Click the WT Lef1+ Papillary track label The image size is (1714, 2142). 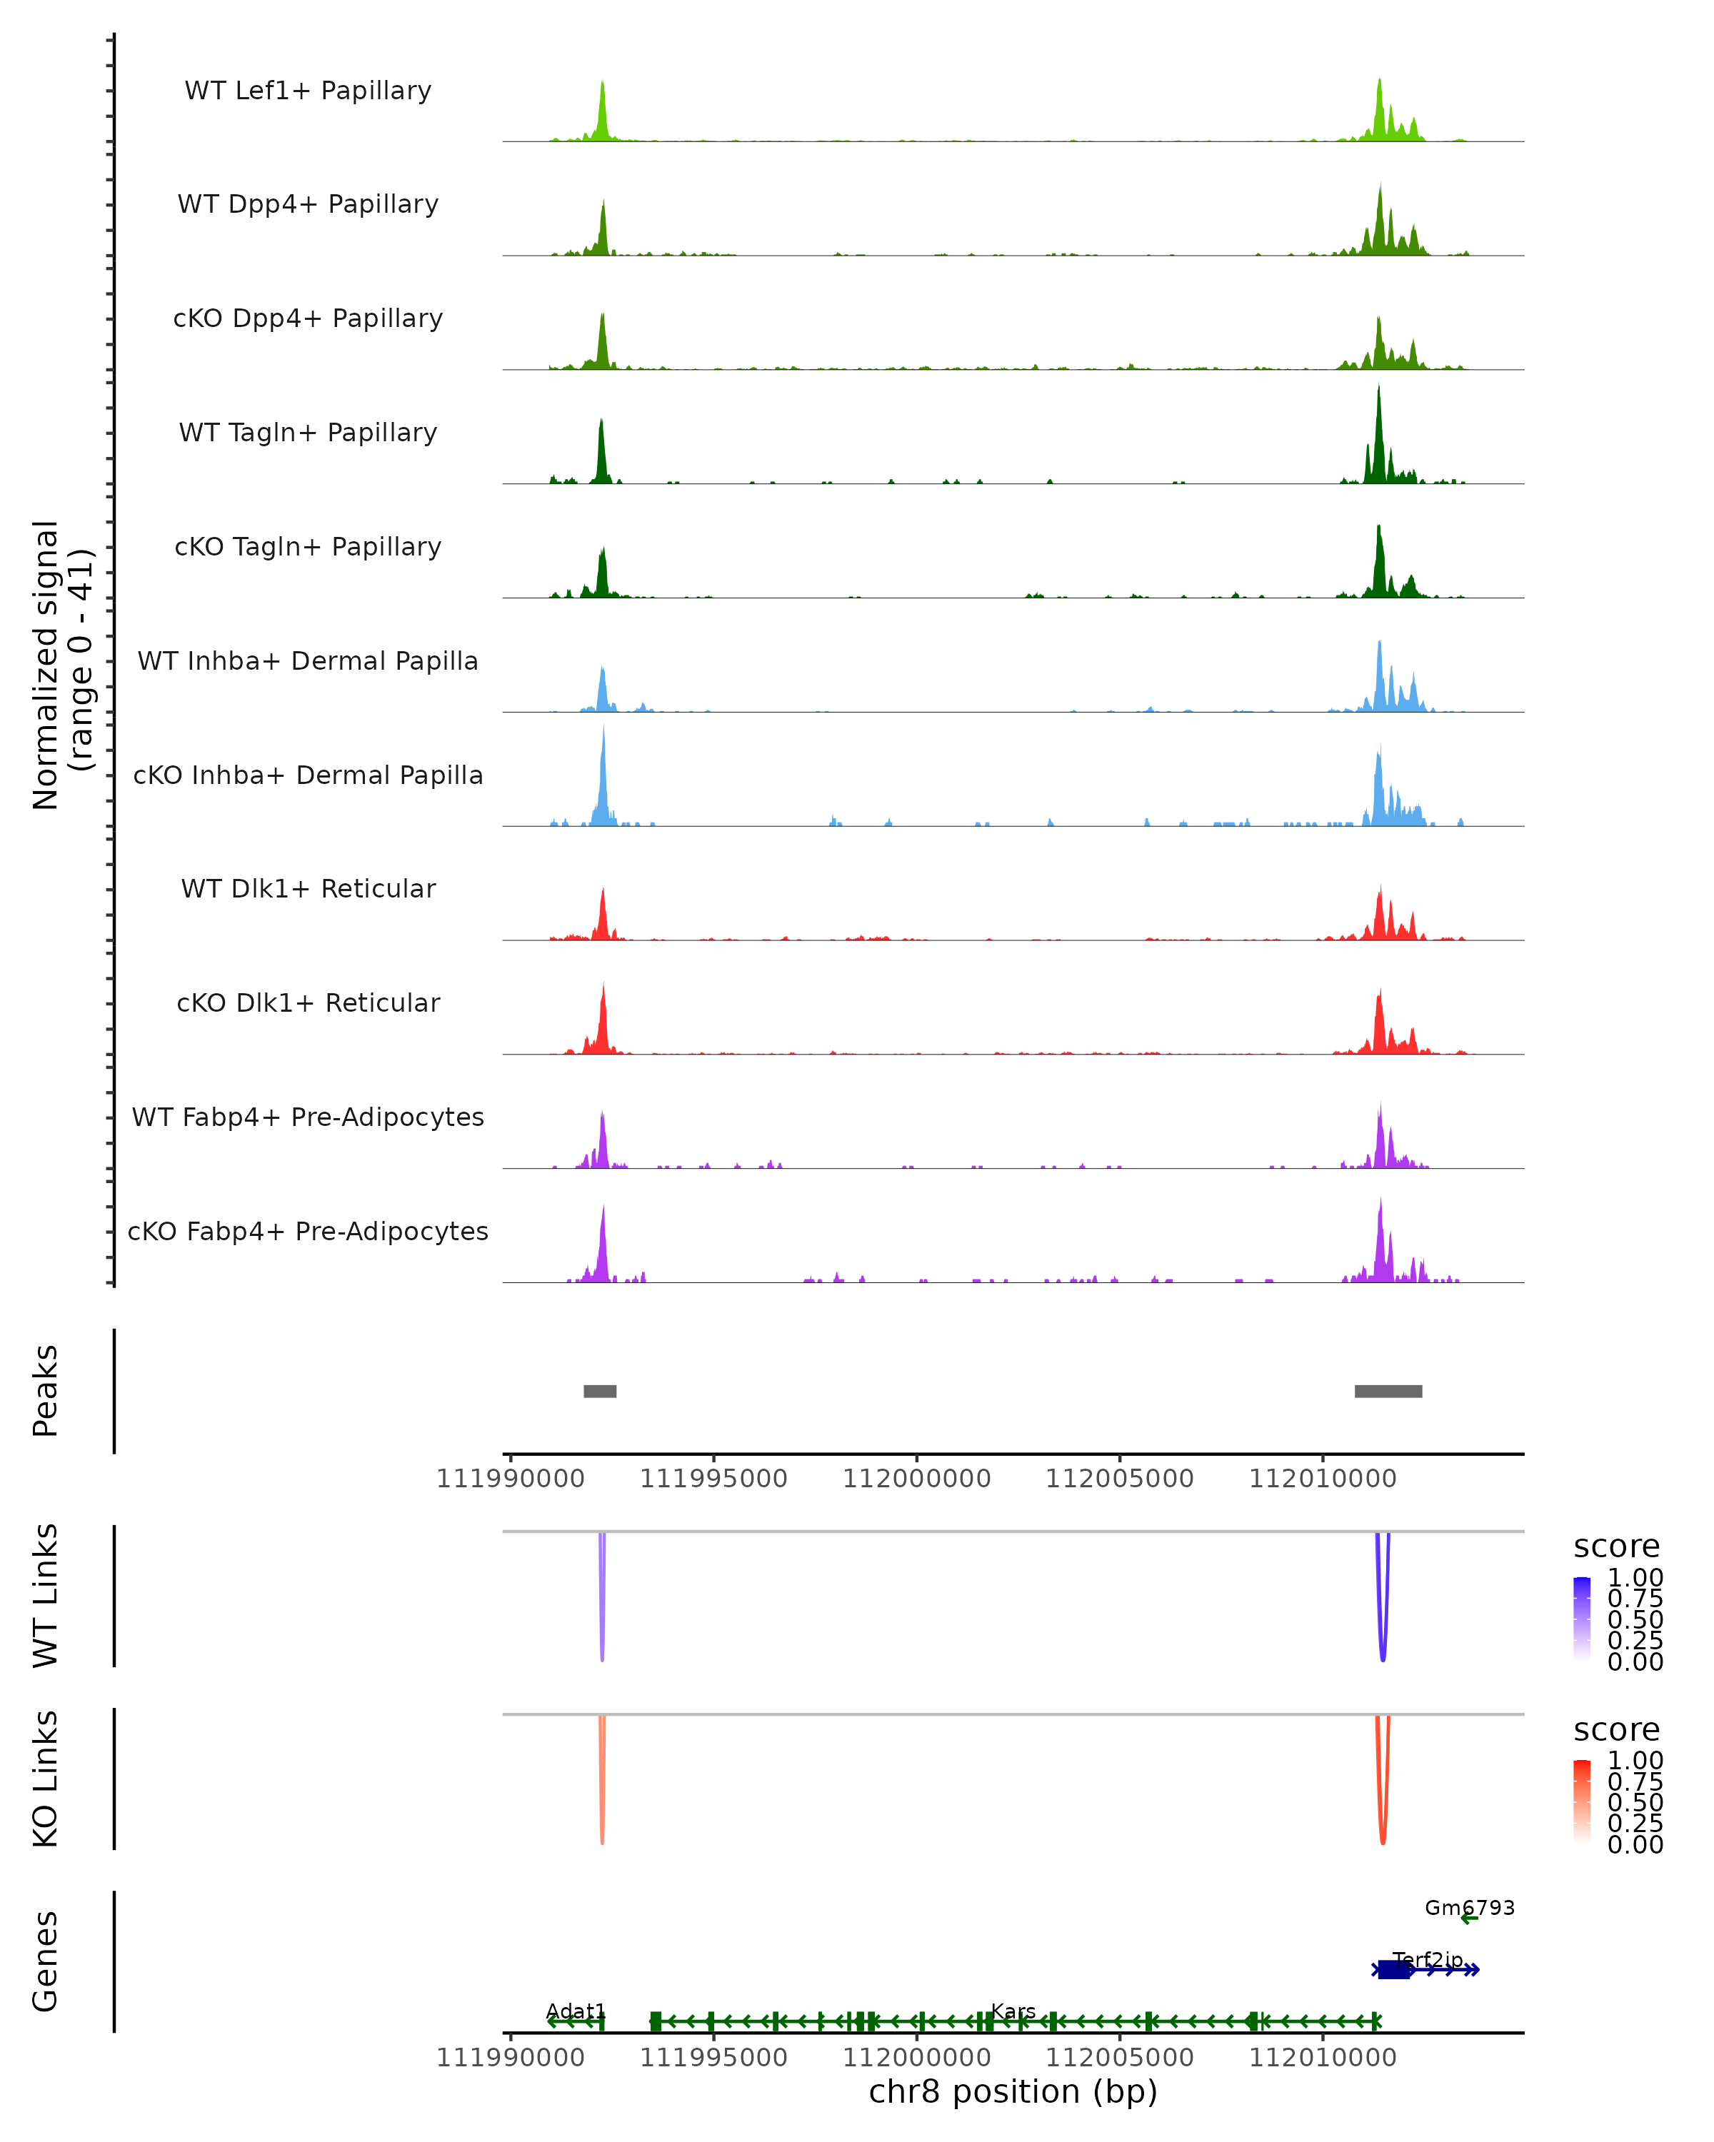click(308, 91)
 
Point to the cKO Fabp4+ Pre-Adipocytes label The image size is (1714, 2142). click(308, 1231)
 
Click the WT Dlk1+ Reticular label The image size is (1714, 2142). click(308, 888)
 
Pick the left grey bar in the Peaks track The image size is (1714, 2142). click(600, 1391)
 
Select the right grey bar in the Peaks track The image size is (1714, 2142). click(1388, 1391)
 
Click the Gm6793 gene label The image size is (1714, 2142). click(1470, 1908)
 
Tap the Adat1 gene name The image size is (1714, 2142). click(576, 2011)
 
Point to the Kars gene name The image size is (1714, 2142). click(1013, 2011)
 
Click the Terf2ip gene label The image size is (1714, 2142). click(1427, 1959)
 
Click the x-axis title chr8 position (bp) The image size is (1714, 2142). click(1013, 2091)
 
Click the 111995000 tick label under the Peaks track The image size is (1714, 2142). click(713, 1479)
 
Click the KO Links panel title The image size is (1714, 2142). click(46, 1779)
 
